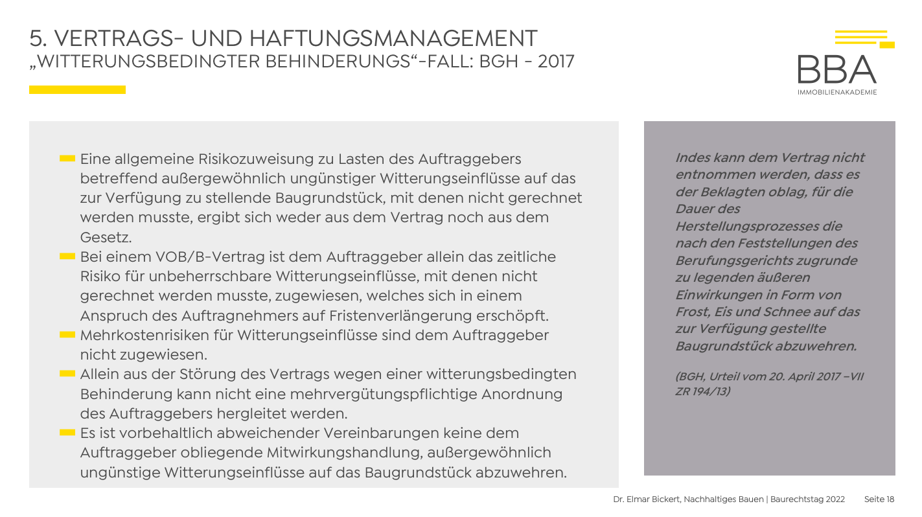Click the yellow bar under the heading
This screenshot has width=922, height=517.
pos(77,89)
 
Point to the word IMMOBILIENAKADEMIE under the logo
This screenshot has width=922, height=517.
pos(837,92)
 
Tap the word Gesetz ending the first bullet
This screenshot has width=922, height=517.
pos(106,237)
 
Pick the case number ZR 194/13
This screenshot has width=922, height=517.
pos(702,391)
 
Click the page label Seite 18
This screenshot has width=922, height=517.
pos(879,500)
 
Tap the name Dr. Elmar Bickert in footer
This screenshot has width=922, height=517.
pos(647,500)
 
